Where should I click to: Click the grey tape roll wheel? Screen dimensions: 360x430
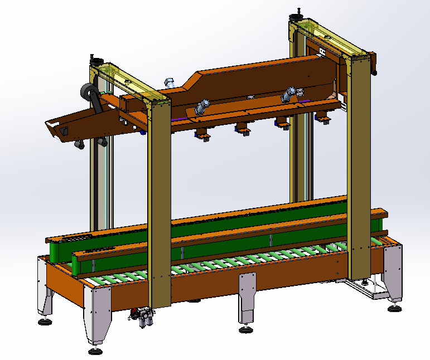tap(88, 92)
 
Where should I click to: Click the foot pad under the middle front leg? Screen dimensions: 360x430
tap(245, 329)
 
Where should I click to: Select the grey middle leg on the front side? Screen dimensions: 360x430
tap(247, 295)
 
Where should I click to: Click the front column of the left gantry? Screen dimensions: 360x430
tap(159, 206)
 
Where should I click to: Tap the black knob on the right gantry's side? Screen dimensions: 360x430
tap(374, 71)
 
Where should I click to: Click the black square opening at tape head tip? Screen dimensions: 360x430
tap(64, 132)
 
